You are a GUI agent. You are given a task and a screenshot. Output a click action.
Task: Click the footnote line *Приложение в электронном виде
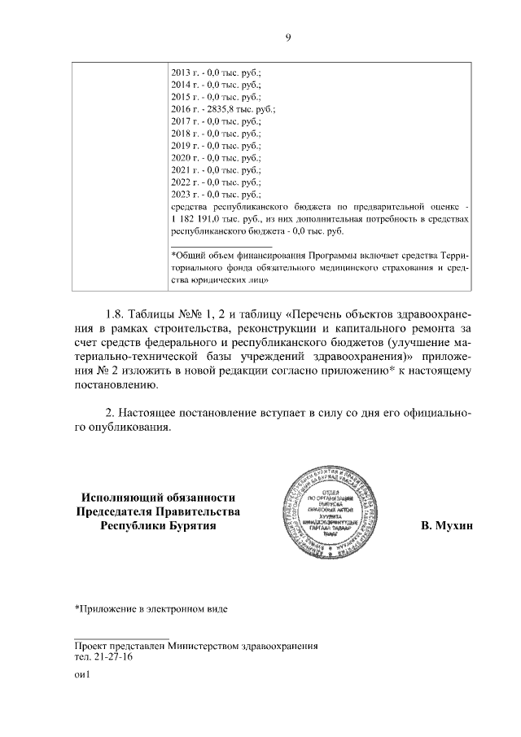click(150, 608)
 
